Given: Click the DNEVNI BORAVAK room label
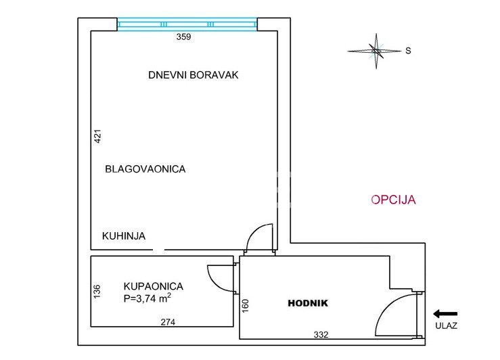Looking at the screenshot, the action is click(194, 75).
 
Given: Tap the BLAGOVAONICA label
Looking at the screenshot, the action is click(145, 169).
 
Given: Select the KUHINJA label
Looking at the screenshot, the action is click(124, 236).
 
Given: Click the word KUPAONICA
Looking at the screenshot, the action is click(154, 286).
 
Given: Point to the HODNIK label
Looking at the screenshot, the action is click(308, 303).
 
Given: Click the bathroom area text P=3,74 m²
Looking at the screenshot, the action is click(147, 298).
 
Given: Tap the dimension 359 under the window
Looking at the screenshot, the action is click(183, 37).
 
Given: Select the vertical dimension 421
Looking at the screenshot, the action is click(98, 136).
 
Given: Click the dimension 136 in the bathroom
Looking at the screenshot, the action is click(97, 292).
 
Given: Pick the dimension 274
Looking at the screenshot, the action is click(168, 322).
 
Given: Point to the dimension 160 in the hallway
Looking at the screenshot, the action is click(245, 306).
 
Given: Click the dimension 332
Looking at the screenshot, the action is click(321, 334).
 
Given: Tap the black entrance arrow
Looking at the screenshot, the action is click(445, 314).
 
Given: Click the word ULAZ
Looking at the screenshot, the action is click(447, 325).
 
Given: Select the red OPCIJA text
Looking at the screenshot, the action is click(393, 200).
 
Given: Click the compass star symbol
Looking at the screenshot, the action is click(376, 51).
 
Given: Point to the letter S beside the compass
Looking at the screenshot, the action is click(408, 51).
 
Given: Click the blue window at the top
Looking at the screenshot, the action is click(187, 24).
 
